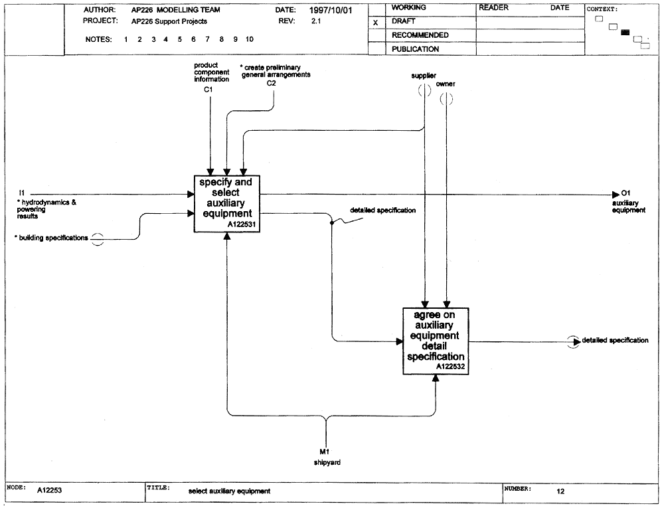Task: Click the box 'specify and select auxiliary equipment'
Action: click(x=227, y=204)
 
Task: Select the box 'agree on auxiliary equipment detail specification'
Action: click(x=436, y=341)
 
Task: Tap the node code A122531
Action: click(x=242, y=225)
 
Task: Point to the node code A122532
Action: click(x=451, y=367)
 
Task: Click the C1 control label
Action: click(x=208, y=90)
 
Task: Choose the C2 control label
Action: click(x=271, y=84)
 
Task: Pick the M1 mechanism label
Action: click(x=325, y=452)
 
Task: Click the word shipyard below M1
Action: click(x=327, y=462)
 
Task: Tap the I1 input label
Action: click(x=22, y=193)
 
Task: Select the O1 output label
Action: click(x=625, y=193)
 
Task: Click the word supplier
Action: click(x=424, y=76)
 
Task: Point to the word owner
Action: click(x=446, y=84)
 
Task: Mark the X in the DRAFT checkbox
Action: click(x=375, y=23)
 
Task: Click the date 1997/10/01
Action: click(x=330, y=10)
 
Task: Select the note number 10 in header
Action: click(x=250, y=39)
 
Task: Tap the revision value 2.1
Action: click(x=316, y=21)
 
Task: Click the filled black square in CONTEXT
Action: click(x=625, y=33)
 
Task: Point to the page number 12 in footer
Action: click(x=560, y=491)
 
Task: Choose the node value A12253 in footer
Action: click(x=49, y=490)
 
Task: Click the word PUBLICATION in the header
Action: click(x=415, y=49)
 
